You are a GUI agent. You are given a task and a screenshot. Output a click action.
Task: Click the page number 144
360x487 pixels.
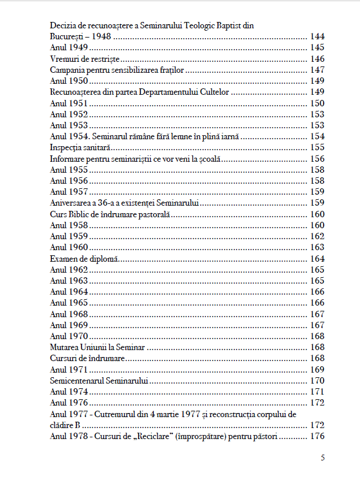[317, 36]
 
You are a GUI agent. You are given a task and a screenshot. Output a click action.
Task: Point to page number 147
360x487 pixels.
[317, 70]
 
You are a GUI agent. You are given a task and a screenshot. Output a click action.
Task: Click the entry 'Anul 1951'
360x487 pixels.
[69, 103]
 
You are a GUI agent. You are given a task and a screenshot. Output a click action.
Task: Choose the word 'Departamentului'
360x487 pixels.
[175, 92]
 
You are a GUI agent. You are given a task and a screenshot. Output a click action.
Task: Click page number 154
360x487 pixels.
[317, 136]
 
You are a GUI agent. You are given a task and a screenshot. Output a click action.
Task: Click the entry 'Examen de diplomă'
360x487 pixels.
[84, 258]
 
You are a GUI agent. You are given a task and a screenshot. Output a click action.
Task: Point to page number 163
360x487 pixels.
[317, 247]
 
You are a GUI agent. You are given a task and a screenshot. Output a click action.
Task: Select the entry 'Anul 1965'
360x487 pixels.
[69, 303]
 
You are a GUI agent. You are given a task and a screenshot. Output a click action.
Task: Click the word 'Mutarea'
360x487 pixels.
[65, 347]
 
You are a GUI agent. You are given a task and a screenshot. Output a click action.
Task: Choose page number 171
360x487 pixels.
[317, 392]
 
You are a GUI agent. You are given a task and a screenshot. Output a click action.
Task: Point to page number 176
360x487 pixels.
[317, 436]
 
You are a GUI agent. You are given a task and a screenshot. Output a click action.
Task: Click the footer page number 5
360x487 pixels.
[322, 458]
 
